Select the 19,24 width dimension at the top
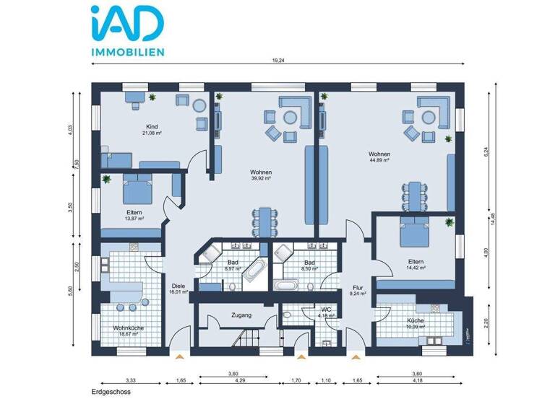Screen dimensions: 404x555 tap(278, 61)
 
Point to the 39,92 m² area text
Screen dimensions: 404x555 tap(261, 178)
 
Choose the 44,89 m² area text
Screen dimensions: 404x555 tap(379, 161)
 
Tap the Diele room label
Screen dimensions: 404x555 tap(178, 285)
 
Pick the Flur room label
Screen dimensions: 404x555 tap(357, 287)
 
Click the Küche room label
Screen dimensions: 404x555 tap(415, 320)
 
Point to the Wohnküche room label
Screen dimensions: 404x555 tap(128, 328)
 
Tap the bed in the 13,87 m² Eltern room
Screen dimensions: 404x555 tap(137, 190)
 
